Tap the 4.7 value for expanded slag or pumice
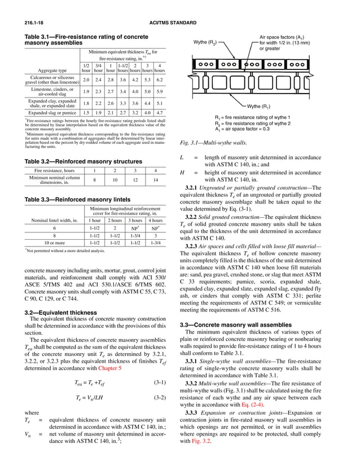[160, 112]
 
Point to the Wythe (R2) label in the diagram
[204, 42]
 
